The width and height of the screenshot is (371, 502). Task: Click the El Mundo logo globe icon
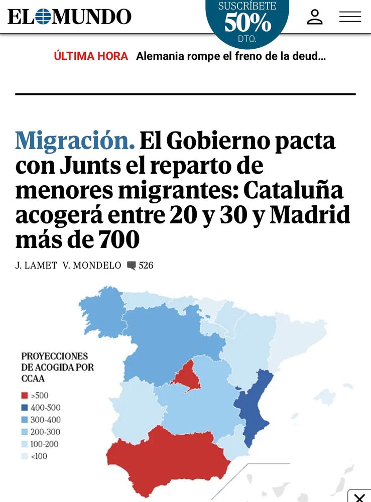coord(44,17)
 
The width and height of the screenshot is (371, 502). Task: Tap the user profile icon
coord(315,17)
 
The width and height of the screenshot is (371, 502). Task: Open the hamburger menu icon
coord(350,17)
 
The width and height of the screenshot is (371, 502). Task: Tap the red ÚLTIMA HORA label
coord(91,56)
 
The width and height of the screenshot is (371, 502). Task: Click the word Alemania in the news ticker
coord(160,56)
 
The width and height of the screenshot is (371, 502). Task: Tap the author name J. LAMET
coord(36,266)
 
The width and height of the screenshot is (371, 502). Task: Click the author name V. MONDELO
coord(92,266)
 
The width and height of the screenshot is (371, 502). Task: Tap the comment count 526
coord(146,266)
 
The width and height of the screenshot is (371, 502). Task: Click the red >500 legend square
coord(25,396)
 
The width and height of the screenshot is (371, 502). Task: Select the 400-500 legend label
coord(45,408)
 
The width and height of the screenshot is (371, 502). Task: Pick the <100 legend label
coord(39,456)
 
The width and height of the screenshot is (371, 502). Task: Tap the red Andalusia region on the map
coord(161,457)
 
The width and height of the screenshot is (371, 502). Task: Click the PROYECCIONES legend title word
coord(54,356)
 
